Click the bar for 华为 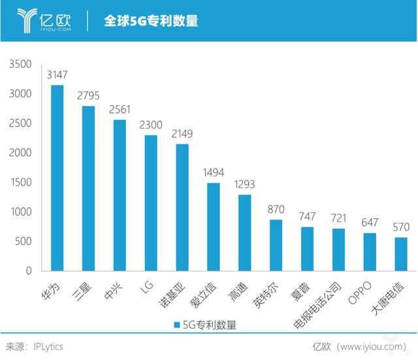click(57, 178)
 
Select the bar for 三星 click(89, 188)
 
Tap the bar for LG click(151, 203)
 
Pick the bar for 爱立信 click(214, 227)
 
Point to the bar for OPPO click(370, 252)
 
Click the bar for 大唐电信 click(401, 254)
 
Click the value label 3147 click(57, 76)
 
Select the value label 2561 click(120, 110)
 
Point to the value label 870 click(276, 210)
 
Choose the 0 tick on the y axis click(29, 270)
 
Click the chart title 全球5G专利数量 click(151, 21)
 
